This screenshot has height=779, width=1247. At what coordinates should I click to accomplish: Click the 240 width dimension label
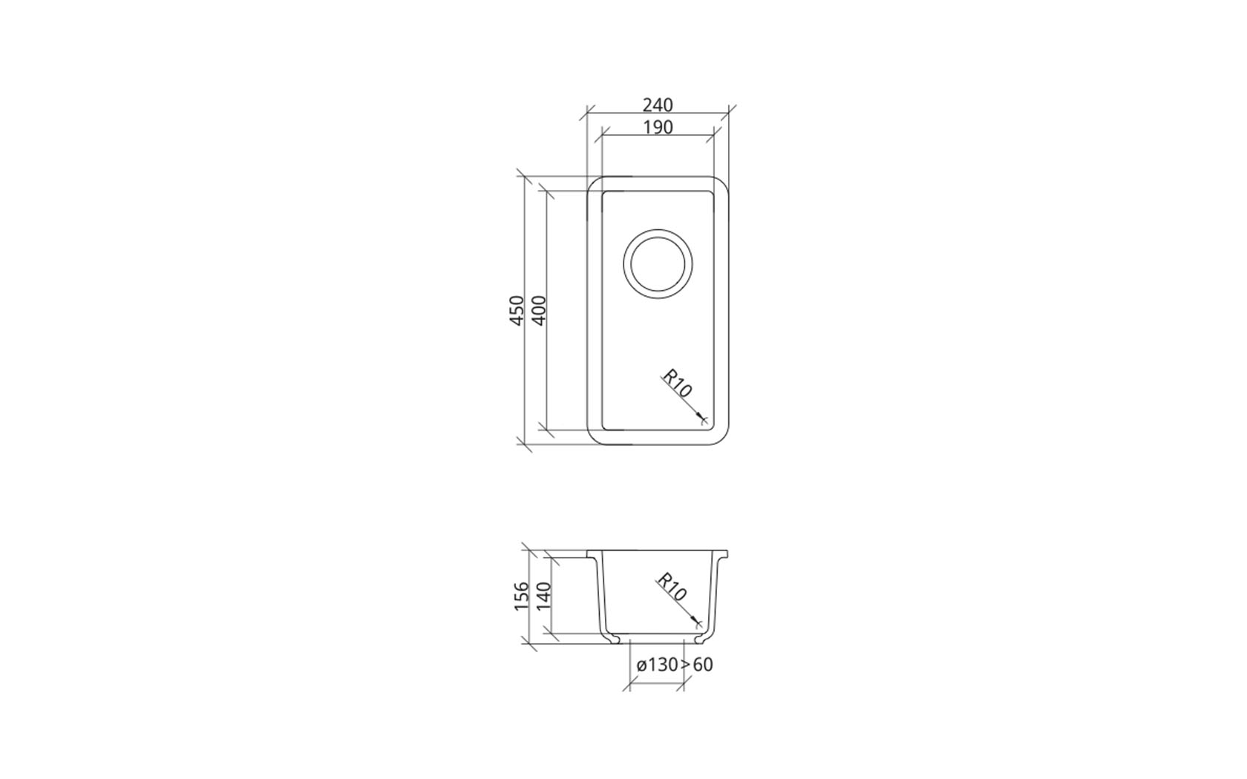[x=658, y=105]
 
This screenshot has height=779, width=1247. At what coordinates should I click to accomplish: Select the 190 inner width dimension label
[x=658, y=128]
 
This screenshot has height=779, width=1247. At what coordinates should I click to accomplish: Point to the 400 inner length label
[x=540, y=310]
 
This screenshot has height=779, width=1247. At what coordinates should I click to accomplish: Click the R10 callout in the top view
[x=677, y=384]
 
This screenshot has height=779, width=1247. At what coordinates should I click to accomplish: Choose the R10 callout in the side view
[x=671, y=587]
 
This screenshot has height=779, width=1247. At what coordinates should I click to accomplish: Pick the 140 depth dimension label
[x=543, y=596]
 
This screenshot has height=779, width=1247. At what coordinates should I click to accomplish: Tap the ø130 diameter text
[x=657, y=665]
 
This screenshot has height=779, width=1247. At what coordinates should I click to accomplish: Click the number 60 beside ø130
[x=703, y=665]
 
